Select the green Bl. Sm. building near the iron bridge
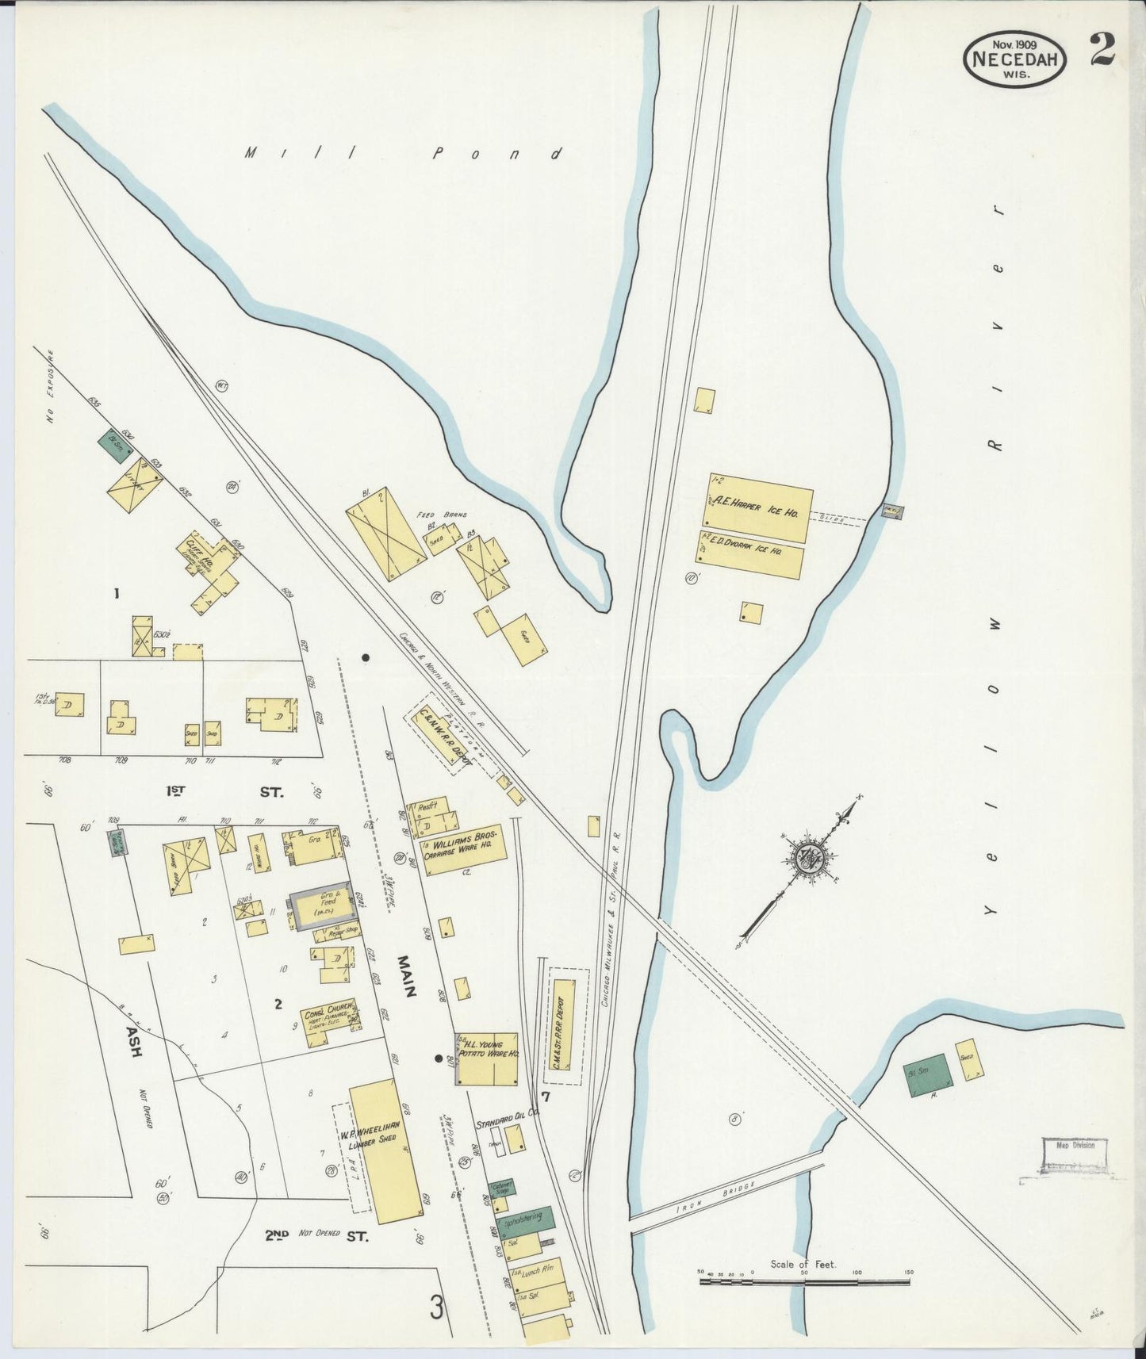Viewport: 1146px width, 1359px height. [928, 1076]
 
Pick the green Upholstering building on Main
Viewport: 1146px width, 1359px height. [524, 1223]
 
